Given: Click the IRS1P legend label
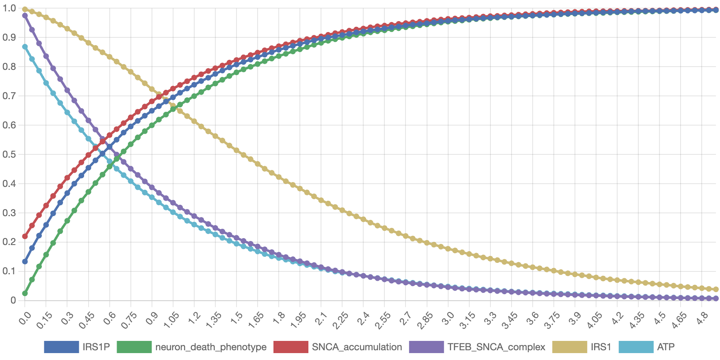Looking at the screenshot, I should [96, 347].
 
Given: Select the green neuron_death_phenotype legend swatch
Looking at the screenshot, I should [134, 347].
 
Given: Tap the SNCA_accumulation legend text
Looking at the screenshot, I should [357, 347].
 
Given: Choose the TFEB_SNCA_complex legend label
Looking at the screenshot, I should [496, 347].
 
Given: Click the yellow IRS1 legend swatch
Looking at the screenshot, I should [569, 347].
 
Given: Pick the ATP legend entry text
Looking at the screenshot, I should [666, 347].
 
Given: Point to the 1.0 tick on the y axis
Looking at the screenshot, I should [9, 8].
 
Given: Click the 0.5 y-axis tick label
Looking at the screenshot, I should [9, 154].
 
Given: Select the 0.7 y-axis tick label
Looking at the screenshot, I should [9, 96].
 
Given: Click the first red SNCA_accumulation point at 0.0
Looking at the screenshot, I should [25, 236].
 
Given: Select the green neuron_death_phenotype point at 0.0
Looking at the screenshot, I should [25, 293].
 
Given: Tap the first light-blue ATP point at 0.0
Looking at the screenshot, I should [25, 47].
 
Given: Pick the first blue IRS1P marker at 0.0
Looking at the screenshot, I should [25, 262].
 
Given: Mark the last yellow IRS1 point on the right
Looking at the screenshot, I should [716, 289].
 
